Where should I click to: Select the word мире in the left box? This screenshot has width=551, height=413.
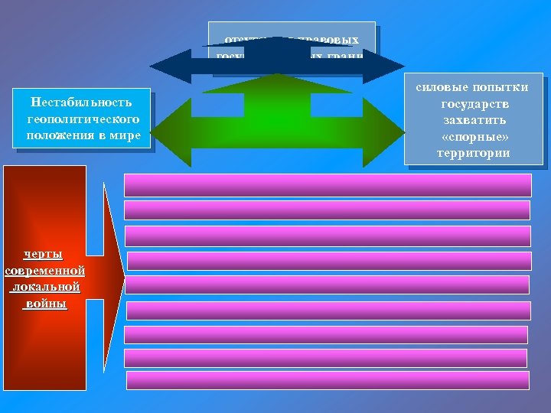click(123, 135)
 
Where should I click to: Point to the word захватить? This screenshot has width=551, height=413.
click(474, 120)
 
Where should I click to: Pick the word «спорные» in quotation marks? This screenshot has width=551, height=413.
click(474, 136)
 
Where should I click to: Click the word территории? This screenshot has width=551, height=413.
click(474, 153)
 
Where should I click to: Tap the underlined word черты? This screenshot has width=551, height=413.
click(44, 254)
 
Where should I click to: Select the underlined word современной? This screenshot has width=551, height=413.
click(44, 271)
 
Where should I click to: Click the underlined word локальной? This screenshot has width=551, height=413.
click(44, 288)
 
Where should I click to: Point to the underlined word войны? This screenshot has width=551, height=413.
click(44, 304)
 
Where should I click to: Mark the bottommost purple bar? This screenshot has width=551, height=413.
click(328, 380)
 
